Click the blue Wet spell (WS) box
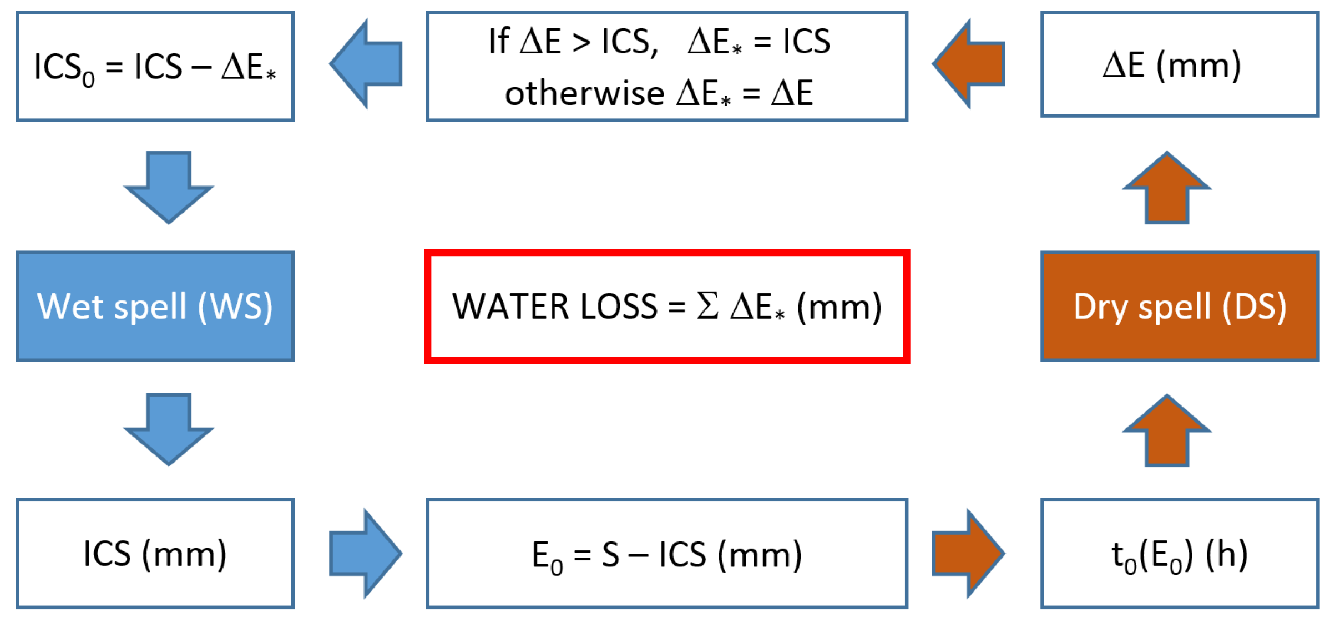point(155,306)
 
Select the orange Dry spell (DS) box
point(1179,306)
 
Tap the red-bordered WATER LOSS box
point(666,306)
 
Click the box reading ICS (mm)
point(155,553)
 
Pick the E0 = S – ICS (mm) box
point(666,553)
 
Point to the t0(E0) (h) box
point(1179,553)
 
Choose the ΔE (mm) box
point(1179,64)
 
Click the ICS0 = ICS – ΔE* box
point(155,66)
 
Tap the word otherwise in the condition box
point(584,93)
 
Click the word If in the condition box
point(498,41)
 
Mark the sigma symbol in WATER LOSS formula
point(707,306)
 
